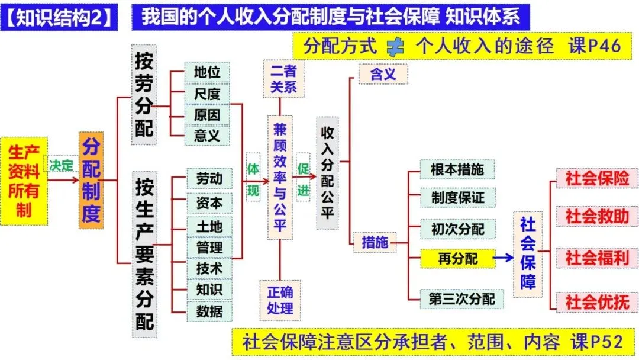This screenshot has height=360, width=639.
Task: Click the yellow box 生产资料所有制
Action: [x=24, y=181]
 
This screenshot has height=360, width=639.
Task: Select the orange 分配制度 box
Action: [x=91, y=181]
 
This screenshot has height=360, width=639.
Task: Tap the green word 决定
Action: [x=62, y=166]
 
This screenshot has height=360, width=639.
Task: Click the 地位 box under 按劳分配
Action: [x=206, y=72]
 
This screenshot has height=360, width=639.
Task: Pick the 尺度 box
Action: [x=206, y=93]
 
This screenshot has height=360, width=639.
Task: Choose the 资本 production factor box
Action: [x=209, y=203]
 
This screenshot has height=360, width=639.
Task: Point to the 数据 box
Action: [x=209, y=310]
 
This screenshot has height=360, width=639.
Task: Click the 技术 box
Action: [x=209, y=268]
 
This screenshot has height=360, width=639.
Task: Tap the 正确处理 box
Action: [x=280, y=300]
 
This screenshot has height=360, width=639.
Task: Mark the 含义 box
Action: [x=383, y=74]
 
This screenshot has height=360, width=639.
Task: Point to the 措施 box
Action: [x=375, y=242]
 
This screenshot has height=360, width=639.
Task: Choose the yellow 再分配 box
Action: [x=457, y=258]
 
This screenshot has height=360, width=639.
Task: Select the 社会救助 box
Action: [x=596, y=217]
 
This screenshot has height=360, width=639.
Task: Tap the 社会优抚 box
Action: [x=596, y=301]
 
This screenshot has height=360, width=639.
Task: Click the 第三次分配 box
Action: [x=461, y=299]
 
